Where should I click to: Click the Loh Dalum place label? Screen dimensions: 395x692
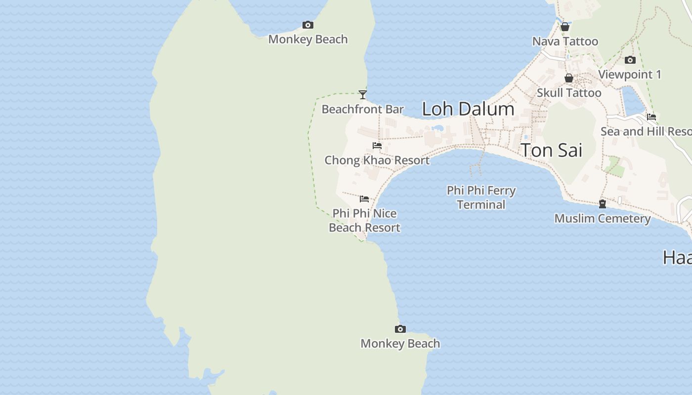468,109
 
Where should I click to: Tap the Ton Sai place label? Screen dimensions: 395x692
552,150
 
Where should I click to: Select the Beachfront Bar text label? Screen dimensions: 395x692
363,109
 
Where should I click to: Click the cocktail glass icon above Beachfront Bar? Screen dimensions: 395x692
363,94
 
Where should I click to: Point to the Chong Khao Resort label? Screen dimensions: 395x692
377,160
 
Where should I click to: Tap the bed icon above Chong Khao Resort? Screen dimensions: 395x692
377,146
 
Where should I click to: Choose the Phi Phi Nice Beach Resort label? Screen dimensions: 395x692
364,220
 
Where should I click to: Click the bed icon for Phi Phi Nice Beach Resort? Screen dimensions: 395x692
364,199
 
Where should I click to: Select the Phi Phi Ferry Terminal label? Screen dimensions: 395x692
481,197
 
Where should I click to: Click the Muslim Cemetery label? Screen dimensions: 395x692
602,218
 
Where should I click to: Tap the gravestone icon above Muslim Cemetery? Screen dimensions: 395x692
602,203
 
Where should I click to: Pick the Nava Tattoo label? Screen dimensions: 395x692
565,41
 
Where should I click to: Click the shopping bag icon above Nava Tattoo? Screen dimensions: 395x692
565,27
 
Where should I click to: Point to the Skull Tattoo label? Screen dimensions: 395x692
569,93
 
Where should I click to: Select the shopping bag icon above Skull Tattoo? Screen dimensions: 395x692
569,78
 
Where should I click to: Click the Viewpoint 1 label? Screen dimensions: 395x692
630,75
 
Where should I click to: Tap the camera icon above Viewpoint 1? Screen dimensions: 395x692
630,60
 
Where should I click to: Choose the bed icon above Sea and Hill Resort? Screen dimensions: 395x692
651,117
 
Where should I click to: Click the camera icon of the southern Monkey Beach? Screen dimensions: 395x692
400,329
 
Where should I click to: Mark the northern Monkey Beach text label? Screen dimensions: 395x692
308,39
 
